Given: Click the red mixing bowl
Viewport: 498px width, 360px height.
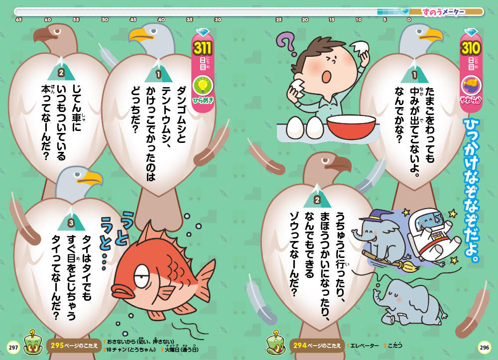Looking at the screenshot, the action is point(352,126).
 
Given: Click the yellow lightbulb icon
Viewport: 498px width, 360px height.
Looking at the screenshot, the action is point(203,85).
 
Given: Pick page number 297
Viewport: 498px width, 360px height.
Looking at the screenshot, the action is point(13,347).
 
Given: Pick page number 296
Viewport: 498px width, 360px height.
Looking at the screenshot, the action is point(485,347).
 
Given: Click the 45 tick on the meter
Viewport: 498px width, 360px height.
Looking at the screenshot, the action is point(133,20).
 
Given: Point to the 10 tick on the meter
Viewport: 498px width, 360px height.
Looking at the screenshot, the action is point(359,20).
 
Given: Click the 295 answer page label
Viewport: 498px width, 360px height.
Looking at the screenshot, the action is point(74,346).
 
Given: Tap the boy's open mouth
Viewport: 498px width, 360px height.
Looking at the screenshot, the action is point(327,76).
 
